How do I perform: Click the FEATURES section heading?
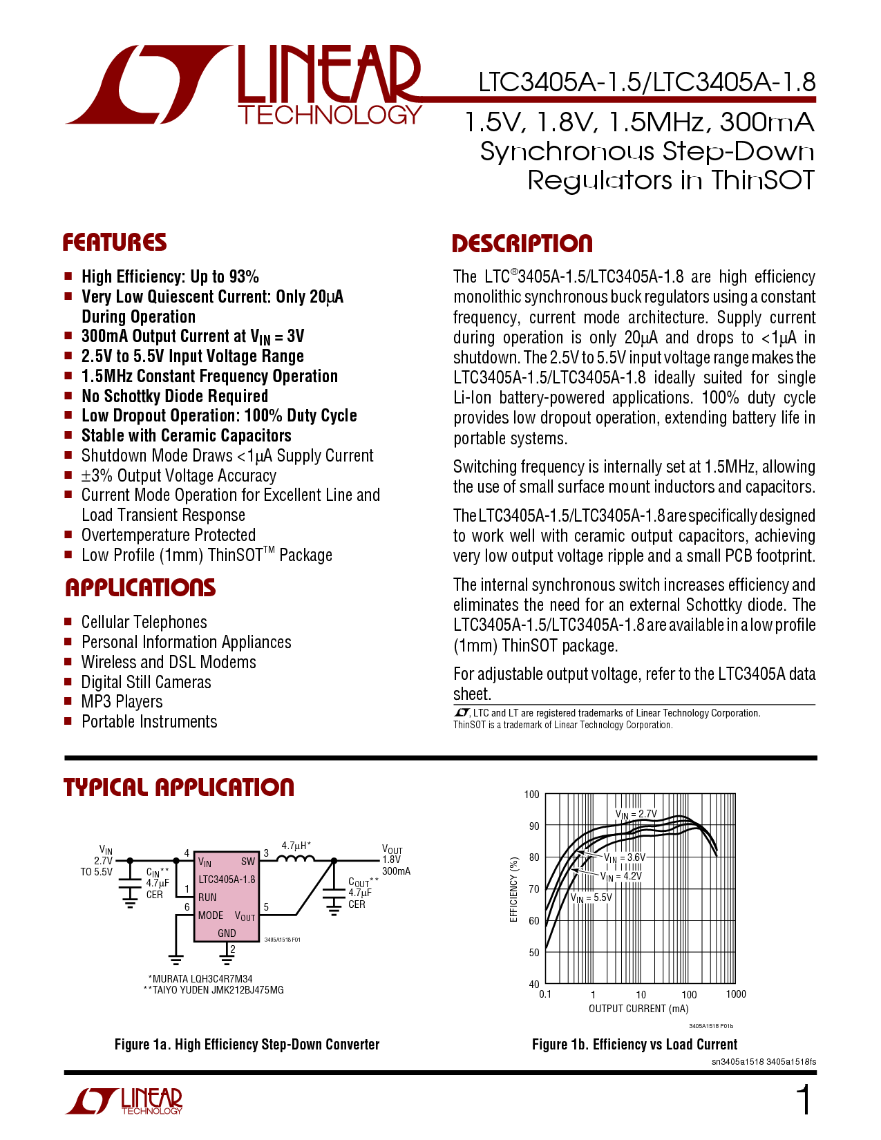(x=115, y=243)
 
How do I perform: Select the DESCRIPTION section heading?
(x=522, y=244)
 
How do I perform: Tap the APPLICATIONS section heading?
(x=140, y=587)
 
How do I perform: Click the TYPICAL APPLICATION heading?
(x=178, y=788)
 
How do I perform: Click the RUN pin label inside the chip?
(x=207, y=897)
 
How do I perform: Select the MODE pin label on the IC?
(x=211, y=915)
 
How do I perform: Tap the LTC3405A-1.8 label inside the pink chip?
(x=227, y=879)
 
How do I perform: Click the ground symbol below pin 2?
(x=227, y=960)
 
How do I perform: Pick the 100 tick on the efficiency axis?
(x=531, y=795)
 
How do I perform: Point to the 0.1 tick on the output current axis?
(x=545, y=994)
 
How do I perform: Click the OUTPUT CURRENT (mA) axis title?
(x=638, y=1008)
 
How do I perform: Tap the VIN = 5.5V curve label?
(x=591, y=897)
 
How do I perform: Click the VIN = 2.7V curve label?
(x=636, y=814)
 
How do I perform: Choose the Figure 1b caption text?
(x=634, y=1045)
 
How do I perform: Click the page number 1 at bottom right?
(x=804, y=1100)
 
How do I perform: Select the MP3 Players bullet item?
(x=122, y=701)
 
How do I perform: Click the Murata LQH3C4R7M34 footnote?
(x=200, y=978)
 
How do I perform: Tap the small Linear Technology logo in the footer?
(x=124, y=1101)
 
